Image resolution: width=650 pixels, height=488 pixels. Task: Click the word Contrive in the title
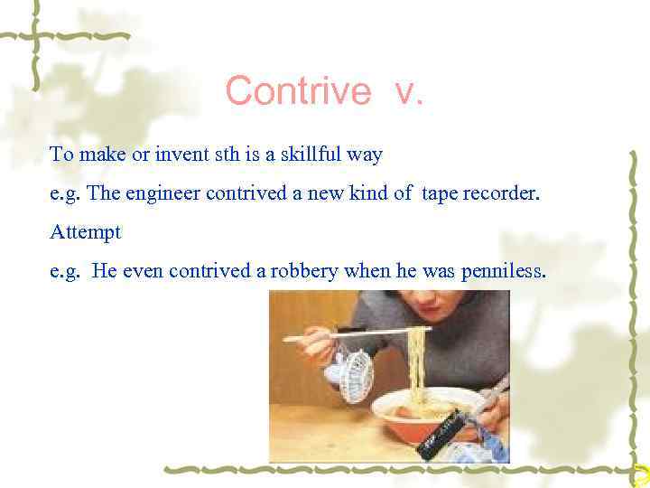pyautogui.click(x=297, y=91)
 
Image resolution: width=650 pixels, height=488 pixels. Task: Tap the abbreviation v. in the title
pyautogui.click(x=407, y=91)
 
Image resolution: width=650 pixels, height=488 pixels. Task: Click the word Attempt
pyautogui.click(x=86, y=232)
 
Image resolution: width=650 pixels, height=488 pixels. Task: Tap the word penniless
pyautogui.click(x=501, y=271)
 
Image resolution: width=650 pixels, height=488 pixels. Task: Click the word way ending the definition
pyautogui.click(x=368, y=155)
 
